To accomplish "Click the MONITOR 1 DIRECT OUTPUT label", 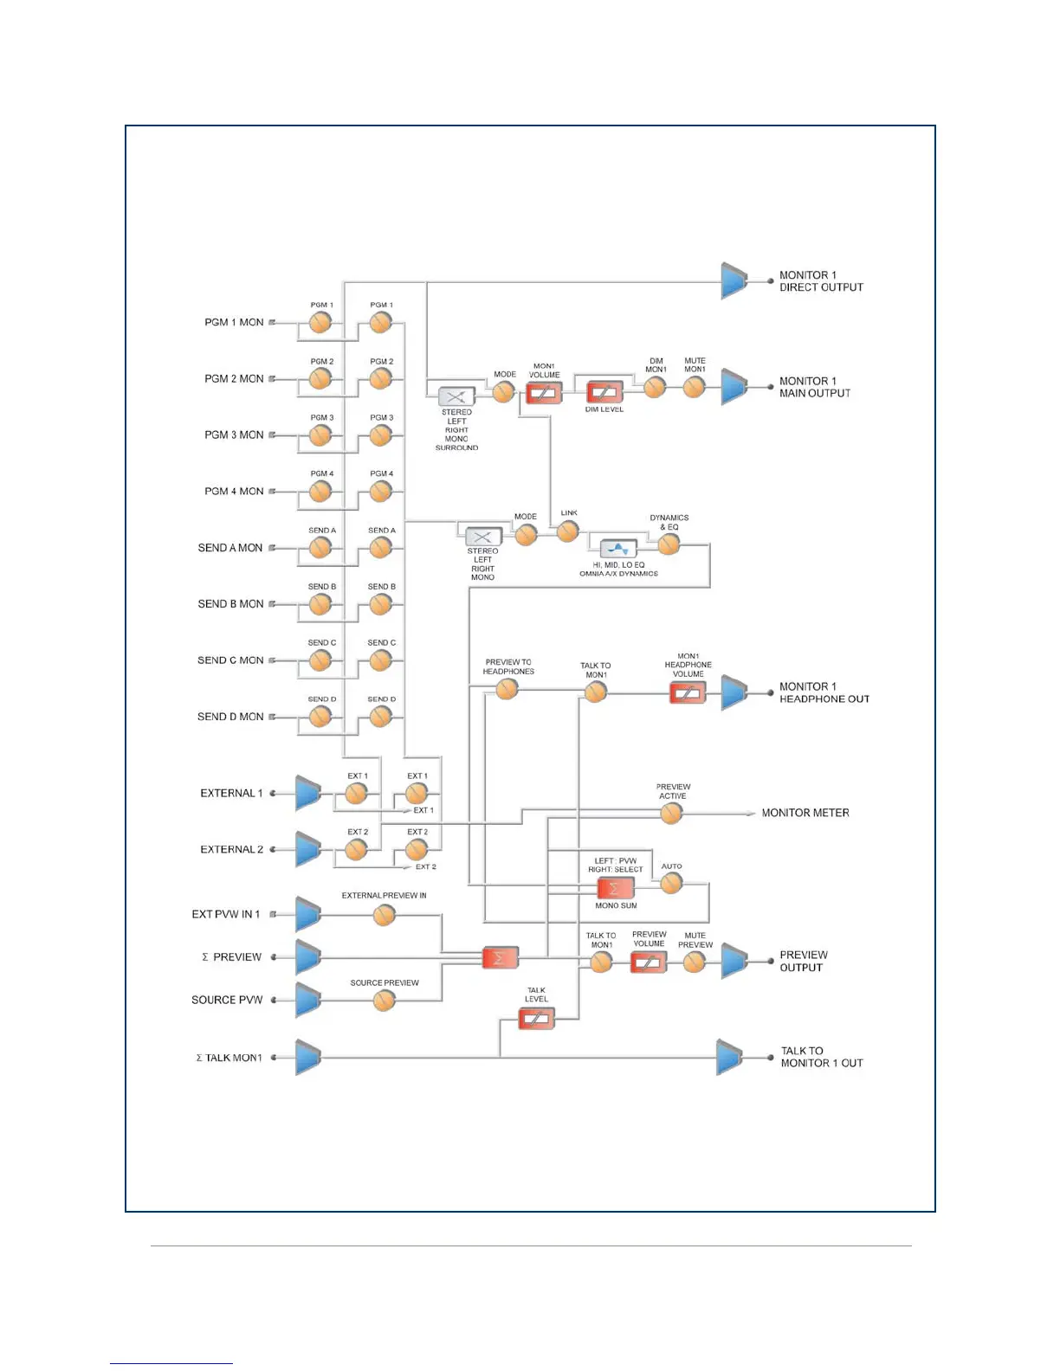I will point(820,281).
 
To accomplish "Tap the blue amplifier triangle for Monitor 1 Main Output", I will point(734,387).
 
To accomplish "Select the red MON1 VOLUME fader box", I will point(544,394).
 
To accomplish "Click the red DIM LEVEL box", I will point(604,393).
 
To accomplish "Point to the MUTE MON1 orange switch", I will point(694,387).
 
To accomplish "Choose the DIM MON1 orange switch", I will point(655,387).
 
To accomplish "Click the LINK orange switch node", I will point(568,531).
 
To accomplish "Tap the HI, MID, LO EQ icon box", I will point(618,548).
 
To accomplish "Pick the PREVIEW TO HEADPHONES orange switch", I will point(507,689).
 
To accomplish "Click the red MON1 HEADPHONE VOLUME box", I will point(688,692).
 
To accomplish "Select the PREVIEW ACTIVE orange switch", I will point(671,813).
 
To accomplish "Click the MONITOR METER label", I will point(805,813).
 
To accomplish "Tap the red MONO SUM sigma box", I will point(616,888).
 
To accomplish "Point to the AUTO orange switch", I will point(671,883).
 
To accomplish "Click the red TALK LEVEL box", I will point(536,1019).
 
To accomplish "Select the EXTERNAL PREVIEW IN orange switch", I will point(384,914).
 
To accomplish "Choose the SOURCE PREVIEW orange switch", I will point(384,1001).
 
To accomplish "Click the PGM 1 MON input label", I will point(234,322).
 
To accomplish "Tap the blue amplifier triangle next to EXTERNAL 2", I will point(307,849).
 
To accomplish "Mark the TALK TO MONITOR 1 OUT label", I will point(821,1057).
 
